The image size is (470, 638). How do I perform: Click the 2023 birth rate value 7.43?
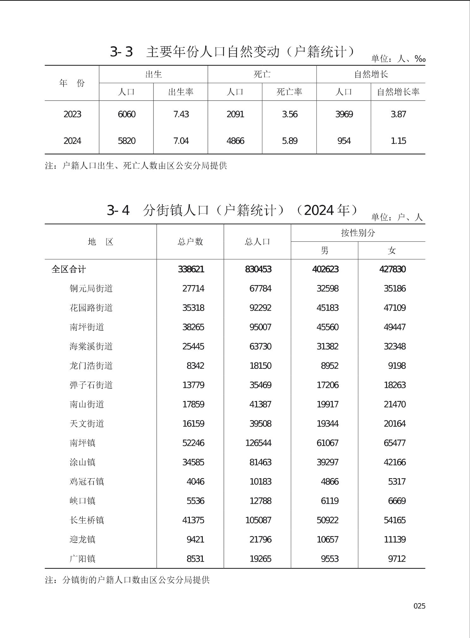pyautogui.click(x=181, y=114)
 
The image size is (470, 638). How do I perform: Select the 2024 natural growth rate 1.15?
pyautogui.click(x=398, y=141)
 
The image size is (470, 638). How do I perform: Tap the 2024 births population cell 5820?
pyautogui.click(x=126, y=141)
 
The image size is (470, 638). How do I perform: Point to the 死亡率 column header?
pyautogui.click(x=289, y=92)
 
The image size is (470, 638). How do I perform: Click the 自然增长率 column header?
pyautogui.click(x=398, y=92)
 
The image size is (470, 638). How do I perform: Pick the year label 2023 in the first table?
pyautogui.click(x=72, y=114)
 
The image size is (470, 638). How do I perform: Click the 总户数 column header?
pyautogui.click(x=190, y=242)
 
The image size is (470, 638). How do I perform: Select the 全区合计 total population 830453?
pyautogui.click(x=258, y=269)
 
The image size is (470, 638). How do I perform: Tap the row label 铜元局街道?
pyautogui.click(x=91, y=289)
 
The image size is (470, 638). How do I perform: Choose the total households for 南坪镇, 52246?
pyautogui.click(x=193, y=443)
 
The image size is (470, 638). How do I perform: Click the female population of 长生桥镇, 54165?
pyautogui.click(x=395, y=520)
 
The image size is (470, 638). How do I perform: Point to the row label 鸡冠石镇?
pyautogui.click(x=87, y=481)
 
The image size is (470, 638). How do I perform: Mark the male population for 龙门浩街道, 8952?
pyautogui.click(x=329, y=366)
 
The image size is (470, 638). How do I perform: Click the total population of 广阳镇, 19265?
pyautogui.click(x=260, y=558)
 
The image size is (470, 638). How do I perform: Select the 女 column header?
pyautogui.click(x=391, y=251)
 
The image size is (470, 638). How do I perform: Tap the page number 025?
pyautogui.click(x=419, y=606)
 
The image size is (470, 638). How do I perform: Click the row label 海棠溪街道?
pyautogui.click(x=91, y=346)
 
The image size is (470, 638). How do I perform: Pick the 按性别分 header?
pyautogui.click(x=358, y=233)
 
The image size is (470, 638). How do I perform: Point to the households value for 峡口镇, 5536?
pyautogui.click(x=195, y=501)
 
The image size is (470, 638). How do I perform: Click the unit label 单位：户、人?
pyautogui.click(x=397, y=217)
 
